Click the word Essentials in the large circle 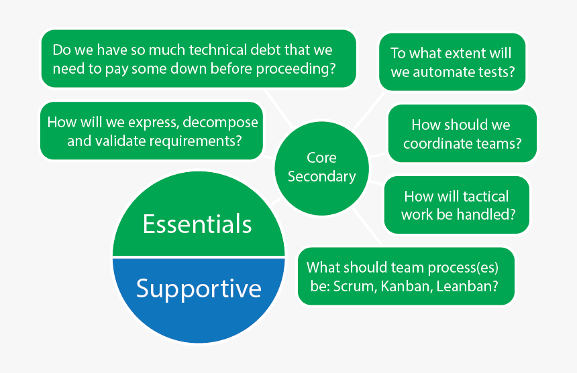[197, 224]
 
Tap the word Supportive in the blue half [199, 289]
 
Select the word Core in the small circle [321, 158]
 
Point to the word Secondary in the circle [322, 177]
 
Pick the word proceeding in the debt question [293, 70]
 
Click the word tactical [486, 196]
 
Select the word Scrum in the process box [355, 287]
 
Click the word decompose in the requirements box [221, 123]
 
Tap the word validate [120, 141]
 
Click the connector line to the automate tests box [369, 110]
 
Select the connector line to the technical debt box [279, 108]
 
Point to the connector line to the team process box [367, 226]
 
